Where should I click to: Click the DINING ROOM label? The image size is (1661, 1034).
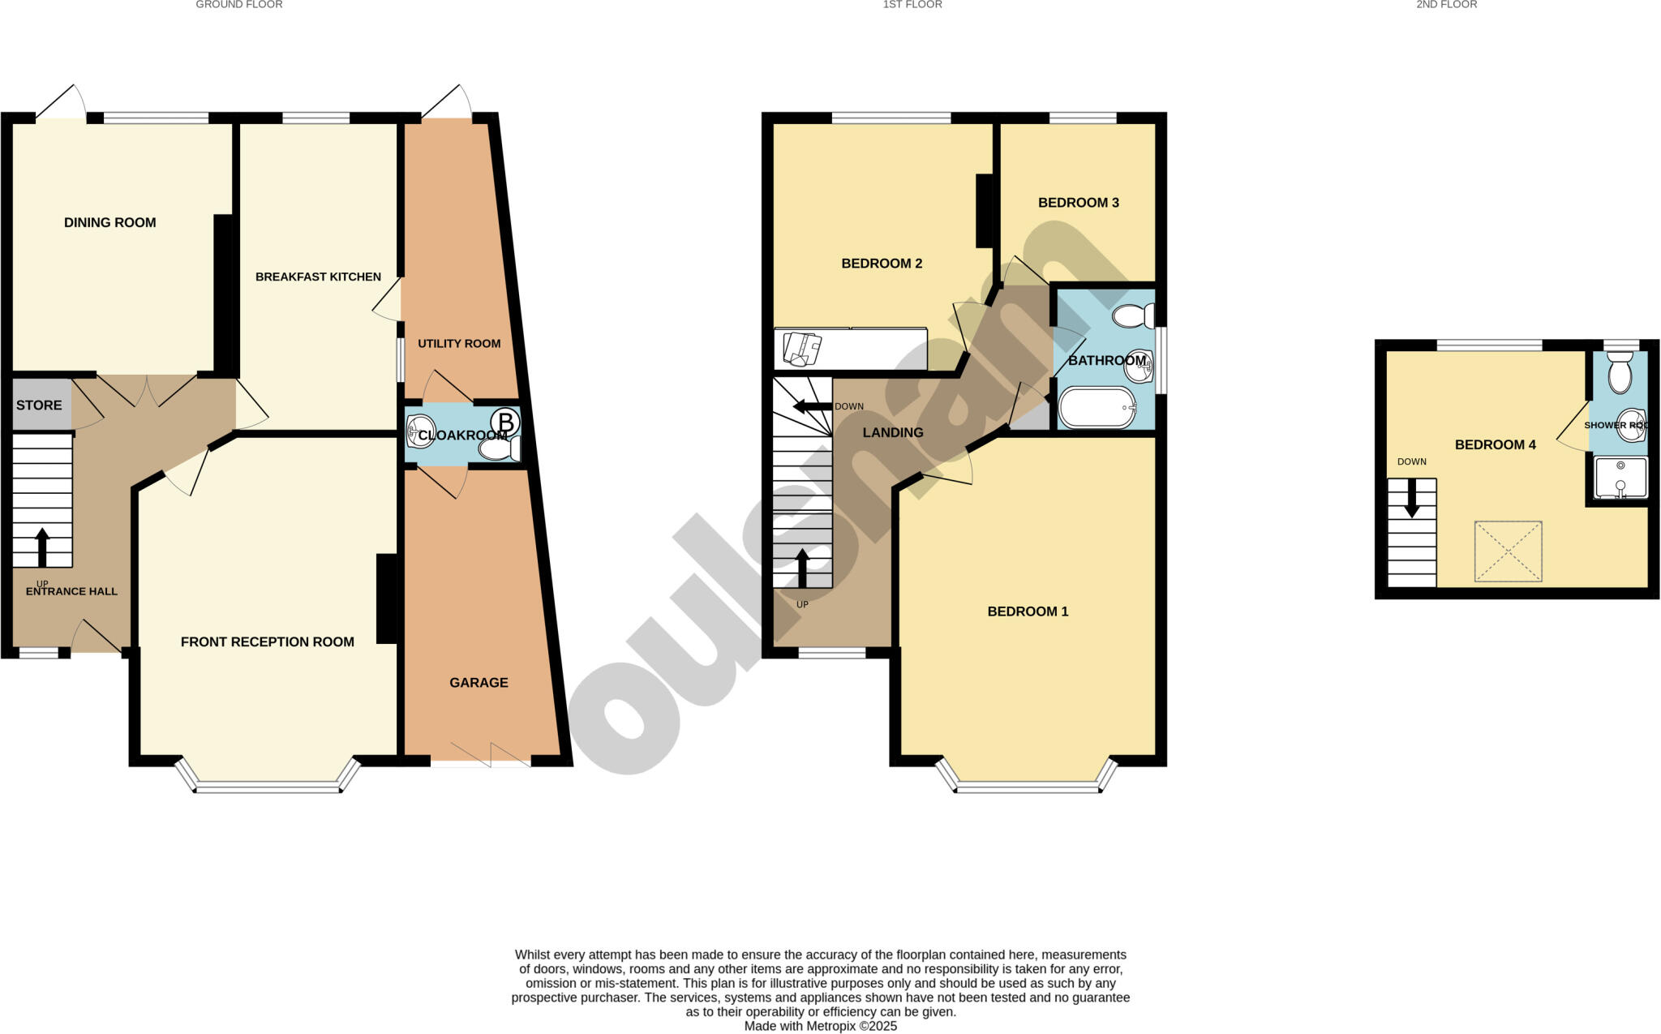pos(109,222)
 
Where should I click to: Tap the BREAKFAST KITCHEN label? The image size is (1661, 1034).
pos(318,277)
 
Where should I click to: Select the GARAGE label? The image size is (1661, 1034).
pos(479,683)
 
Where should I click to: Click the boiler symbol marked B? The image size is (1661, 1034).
pos(505,423)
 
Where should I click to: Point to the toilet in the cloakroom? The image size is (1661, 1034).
pos(500,448)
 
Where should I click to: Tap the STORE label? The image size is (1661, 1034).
pos(39,405)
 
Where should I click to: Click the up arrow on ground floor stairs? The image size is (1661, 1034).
pos(42,547)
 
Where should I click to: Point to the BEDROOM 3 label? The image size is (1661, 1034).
pos(1078,203)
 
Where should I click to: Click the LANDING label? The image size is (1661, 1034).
pos(892,433)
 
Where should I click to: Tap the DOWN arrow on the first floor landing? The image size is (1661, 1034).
pos(812,405)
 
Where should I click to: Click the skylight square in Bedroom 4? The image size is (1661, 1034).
pos(1508,551)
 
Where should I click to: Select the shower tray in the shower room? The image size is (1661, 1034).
pos(1620,478)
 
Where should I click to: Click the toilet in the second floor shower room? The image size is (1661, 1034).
pos(1620,373)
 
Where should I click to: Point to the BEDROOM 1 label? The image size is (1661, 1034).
pos(1028,611)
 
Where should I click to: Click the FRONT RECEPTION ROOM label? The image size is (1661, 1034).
pos(267,642)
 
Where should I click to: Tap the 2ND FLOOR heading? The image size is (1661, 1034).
pos(1446,5)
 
